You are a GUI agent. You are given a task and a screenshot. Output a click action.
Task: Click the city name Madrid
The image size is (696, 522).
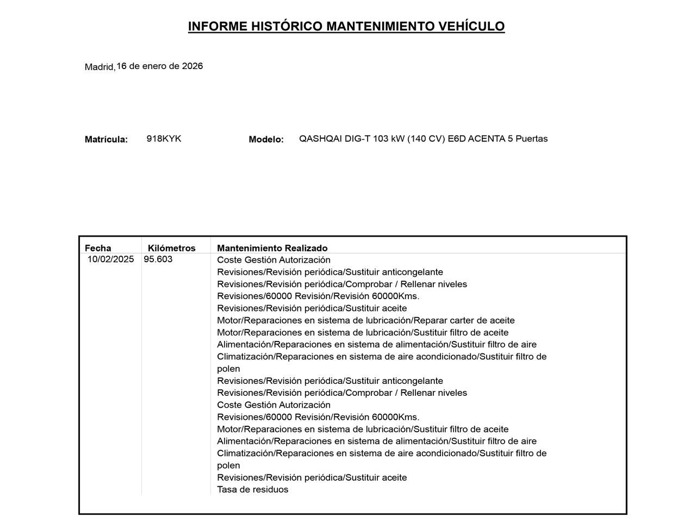pyautogui.click(x=100, y=67)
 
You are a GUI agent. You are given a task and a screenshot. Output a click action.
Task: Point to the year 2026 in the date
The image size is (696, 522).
pyautogui.click(x=192, y=66)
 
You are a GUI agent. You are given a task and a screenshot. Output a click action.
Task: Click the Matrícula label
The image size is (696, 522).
pyautogui.click(x=106, y=139)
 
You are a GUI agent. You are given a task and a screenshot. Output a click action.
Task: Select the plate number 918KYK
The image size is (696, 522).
pyautogui.click(x=164, y=139)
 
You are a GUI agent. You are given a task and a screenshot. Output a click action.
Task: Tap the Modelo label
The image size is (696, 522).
pyautogui.click(x=266, y=139)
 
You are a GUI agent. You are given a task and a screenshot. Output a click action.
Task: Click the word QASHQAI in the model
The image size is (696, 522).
pyautogui.click(x=321, y=139)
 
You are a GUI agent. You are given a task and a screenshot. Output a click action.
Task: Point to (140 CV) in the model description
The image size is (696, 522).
pyautogui.click(x=426, y=139)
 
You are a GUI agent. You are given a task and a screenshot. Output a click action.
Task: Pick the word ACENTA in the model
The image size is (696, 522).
pyautogui.click(x=486, y=139)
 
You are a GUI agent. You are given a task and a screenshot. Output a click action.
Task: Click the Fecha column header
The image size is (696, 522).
pyautogui.click(x=98, y=248)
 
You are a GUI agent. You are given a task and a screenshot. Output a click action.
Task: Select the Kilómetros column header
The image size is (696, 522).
pyautogui.click(x=171, y=248)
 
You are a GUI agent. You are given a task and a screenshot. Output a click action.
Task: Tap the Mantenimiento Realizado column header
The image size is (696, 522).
pyautogui.click(x=272, y=248)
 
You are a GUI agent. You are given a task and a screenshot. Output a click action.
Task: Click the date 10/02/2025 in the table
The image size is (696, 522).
pyautogui.click(x=110, y=259)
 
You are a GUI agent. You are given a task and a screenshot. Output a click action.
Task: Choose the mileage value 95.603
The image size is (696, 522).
pyautogui.click(x=158, y=259)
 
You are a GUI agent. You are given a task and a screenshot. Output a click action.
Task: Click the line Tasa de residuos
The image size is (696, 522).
pyautogui.click(x=252, y=489)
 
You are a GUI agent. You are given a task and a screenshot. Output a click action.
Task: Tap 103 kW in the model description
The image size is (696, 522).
pyautogui.click(x=389, y=139)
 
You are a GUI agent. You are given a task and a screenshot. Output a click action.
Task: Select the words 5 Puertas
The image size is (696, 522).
pyautogui.click(x=527, y=139)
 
